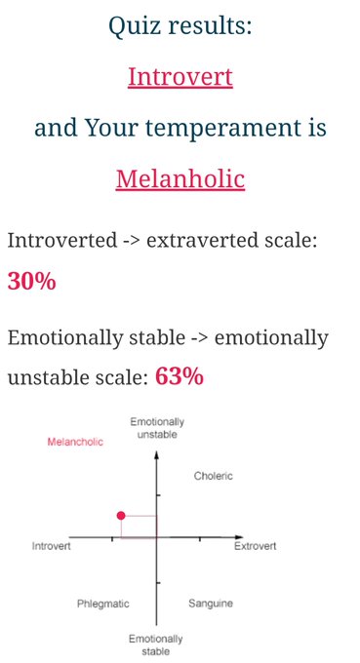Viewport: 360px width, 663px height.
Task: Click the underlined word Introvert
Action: (180, 77)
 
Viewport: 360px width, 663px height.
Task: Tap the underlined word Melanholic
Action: (180, 178)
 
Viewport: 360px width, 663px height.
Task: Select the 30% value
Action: (32, 281)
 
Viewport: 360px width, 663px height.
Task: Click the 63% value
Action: (180, 376)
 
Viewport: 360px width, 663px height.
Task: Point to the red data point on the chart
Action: (121, 515)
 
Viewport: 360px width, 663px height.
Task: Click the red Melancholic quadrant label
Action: (75, 442)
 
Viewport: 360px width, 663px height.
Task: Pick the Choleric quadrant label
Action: (214, 476)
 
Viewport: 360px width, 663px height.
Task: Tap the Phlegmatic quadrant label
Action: (102, 604)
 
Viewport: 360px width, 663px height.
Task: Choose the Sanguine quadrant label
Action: (211, 604)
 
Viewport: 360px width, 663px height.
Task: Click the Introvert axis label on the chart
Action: (51, 546)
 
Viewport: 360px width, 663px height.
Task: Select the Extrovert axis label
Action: (255, 546)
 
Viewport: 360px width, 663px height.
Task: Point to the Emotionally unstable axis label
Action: (157, 428)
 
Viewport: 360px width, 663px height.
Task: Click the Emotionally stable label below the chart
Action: (156, 644)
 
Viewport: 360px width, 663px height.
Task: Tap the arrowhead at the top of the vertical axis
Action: (156, 455)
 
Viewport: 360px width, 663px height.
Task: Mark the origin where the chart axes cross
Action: (156, 537)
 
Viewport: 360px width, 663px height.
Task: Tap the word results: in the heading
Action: (211, 26)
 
